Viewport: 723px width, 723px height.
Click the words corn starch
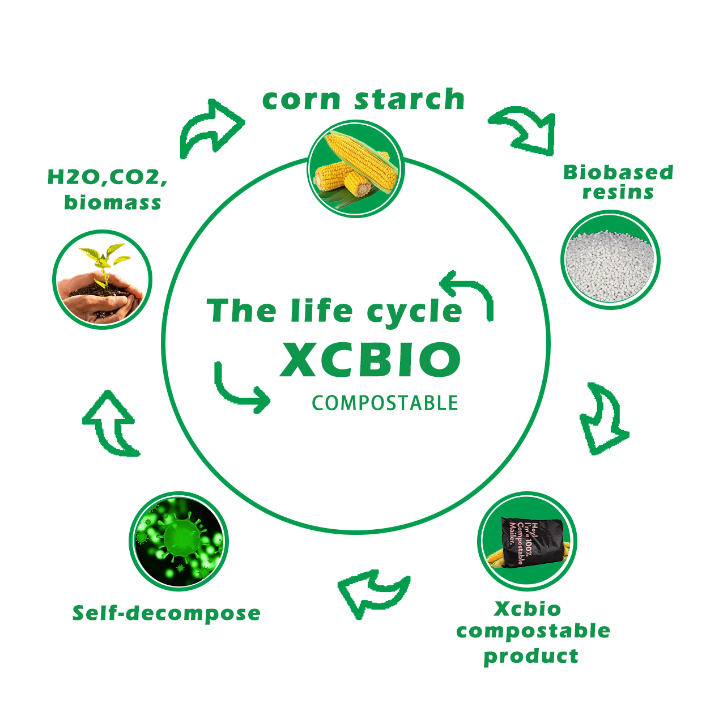(363, 99)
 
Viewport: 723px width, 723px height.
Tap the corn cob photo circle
(356, 169)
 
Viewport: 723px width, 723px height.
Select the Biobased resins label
(618, 182)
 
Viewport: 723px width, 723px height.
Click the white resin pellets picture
(610, 260)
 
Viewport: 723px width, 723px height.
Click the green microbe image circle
(178, 542)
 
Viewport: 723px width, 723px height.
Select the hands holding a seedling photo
(103, 279)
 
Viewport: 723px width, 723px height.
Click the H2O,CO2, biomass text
(108, 189)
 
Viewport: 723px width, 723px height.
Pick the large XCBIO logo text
(371, 359)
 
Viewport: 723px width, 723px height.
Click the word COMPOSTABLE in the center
(385, 403)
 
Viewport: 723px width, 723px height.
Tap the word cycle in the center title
(414, 312)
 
